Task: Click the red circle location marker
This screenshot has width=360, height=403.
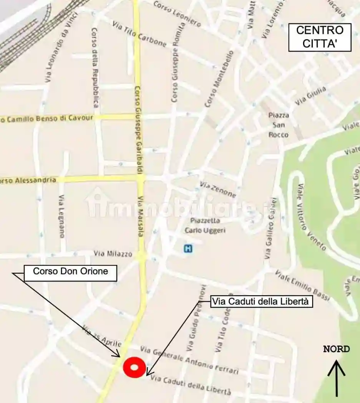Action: pos(134,367)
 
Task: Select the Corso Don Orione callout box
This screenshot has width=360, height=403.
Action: pos(70,272)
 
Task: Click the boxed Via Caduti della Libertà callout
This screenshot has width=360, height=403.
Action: pos(262,302)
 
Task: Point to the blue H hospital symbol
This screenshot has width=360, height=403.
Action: pos(188,249)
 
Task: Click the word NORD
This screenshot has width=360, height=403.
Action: pos(336,349)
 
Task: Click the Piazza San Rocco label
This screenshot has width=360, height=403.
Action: pos(279,125)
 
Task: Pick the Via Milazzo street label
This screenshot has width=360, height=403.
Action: pos(113,254)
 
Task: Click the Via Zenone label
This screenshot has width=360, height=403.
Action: pos(217,190)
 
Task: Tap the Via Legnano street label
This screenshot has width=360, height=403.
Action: pos(61,216)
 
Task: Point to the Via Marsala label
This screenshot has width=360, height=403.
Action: pos(141,221)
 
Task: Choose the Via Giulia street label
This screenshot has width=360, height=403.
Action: pos(311,96)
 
